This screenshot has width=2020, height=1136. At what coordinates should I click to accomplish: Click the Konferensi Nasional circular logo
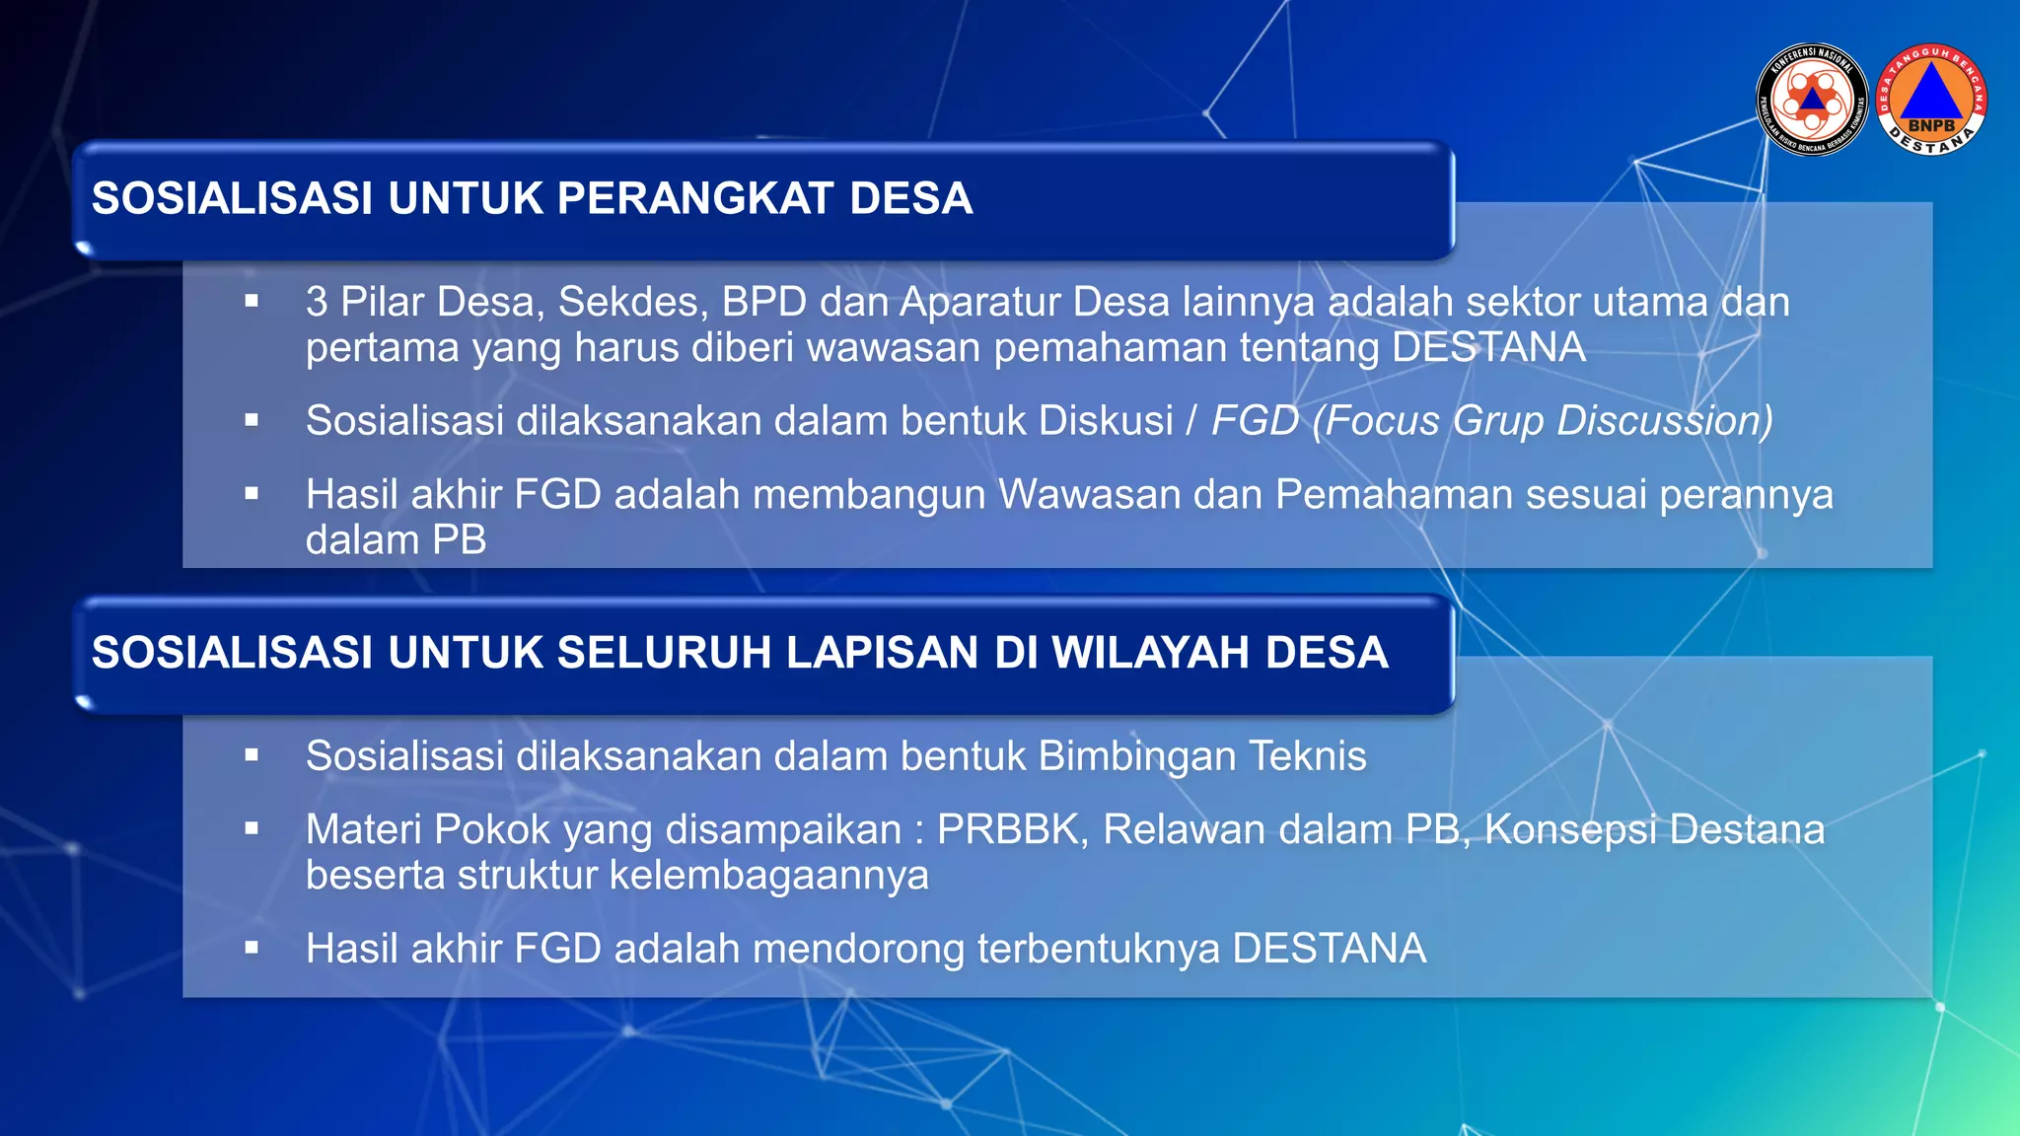point(1812,100)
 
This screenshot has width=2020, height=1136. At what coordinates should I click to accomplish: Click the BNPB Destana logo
point(1931,100)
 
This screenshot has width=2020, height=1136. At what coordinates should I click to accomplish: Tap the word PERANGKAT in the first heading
point(694,198)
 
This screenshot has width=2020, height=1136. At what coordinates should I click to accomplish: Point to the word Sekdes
point(633,302)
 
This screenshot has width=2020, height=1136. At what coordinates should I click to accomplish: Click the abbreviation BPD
point(764,302)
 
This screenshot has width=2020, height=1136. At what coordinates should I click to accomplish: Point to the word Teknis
point(1308,756)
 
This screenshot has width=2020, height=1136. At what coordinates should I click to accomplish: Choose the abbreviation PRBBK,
point(1013,829)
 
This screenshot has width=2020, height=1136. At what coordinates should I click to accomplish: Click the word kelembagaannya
point(769,876)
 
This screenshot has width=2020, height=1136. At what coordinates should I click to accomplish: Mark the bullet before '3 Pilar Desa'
point(252,302)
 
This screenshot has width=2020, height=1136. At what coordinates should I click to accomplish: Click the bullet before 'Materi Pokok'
point(252,829)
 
